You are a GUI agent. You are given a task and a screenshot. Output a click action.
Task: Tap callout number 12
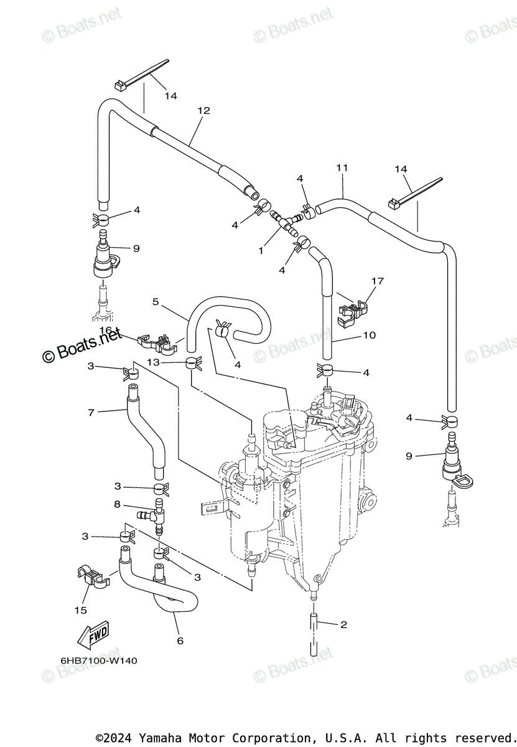204,111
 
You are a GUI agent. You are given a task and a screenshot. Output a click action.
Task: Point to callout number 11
342,168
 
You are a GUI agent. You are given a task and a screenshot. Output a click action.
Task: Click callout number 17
377,281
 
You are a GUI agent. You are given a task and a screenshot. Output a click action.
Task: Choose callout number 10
369,336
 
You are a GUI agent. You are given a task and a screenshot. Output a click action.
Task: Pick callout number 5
156,301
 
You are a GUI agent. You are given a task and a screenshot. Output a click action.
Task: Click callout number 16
105,330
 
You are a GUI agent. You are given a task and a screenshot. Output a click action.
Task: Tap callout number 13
154,362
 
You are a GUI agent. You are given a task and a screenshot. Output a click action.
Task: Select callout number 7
91,412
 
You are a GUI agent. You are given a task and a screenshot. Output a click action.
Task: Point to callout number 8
117,505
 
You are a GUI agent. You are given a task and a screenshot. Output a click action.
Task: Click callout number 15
81,610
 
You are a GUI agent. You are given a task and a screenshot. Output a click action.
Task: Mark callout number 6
180,641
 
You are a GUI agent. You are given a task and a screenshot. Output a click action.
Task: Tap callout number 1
261,251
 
